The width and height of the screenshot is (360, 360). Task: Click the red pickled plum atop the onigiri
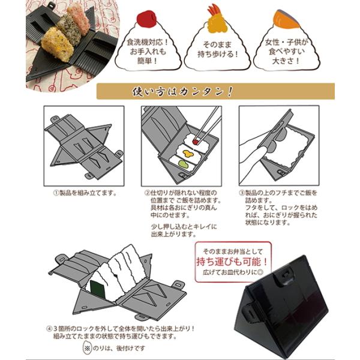(146, 19)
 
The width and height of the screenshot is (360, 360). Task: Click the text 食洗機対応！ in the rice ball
(148, 42)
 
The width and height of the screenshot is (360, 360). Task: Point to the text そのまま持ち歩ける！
(217, 49)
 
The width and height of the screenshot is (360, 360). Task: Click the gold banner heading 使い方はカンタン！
(182, 91)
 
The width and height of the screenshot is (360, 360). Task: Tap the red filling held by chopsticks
(196, 142)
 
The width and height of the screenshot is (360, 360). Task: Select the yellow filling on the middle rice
(188, 154)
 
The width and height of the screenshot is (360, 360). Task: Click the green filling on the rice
(183, 164)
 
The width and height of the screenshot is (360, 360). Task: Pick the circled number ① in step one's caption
(56, 193)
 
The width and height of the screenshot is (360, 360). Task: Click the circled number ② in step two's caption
(147, 193)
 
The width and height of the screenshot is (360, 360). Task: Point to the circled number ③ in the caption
(242, 193)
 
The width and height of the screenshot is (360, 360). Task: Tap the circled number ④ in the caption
(49, 329)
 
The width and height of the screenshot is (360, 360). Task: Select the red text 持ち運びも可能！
(232, 261)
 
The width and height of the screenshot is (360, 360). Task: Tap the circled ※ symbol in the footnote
(87, 348)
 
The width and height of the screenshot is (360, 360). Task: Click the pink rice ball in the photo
(79, 20)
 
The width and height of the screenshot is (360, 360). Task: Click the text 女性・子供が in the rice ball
(286, 42)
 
